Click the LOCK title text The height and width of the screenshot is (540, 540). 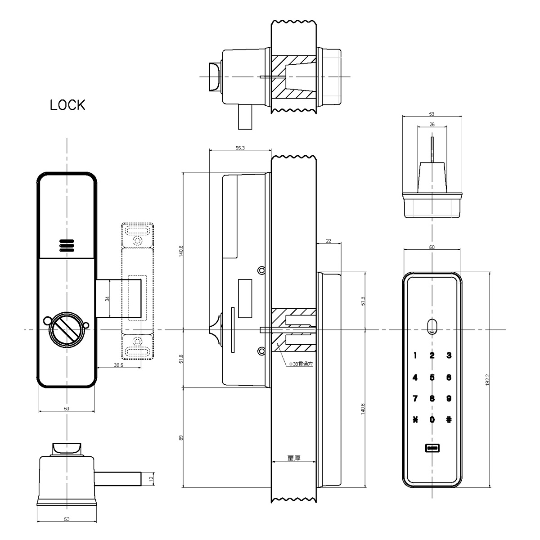click(67, 105)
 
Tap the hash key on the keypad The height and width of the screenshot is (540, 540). click(449, 420)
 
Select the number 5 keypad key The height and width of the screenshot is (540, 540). click(432, 378)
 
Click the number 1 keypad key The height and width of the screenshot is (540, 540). click(415, 355)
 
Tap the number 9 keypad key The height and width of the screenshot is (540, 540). click(449, 398)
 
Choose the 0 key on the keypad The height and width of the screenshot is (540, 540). click(432, 420)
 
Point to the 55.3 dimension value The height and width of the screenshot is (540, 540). click(239, 149)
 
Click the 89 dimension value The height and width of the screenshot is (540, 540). click(181, 437)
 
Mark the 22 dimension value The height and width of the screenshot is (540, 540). click(328, 241)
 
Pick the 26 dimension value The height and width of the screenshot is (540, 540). click(432, 125)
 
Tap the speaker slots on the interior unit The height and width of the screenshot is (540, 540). click(66, 245)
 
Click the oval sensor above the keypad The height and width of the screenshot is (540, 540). click(432, 326)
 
